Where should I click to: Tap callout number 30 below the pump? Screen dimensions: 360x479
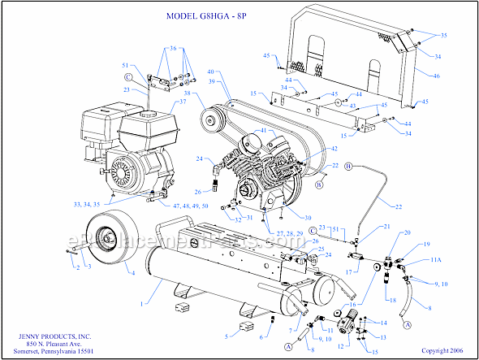coord(284,217)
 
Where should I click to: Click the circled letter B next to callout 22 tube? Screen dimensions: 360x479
coord(349,166)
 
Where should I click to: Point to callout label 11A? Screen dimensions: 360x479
coord(435,260)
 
